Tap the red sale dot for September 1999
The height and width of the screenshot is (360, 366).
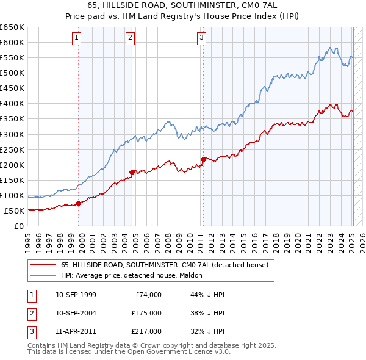click(x=79, y=203)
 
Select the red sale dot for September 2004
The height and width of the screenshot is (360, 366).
click(x=132, y=172)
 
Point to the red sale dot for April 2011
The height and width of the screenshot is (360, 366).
click(x=203, y=159)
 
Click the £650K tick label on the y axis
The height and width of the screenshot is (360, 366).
click(x=12, y=27)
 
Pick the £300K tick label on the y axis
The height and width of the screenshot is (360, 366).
click(x=12, y=134)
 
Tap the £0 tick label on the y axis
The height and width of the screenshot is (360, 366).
click(x=19, y=226)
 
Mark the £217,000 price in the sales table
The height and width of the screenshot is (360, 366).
click(x=146, y=331)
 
